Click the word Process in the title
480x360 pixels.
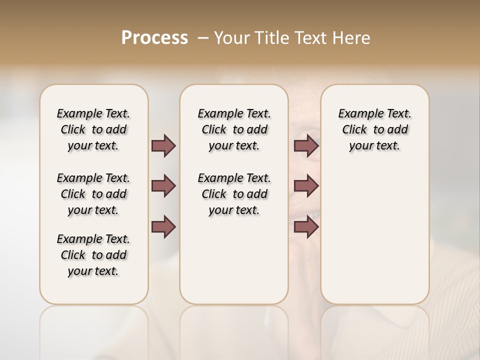pyautogui.click(x=154, y=38)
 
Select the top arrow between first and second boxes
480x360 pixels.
pyautogui.click(x=163, y=146)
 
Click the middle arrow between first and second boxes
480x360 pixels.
pyautogui.click(x=163, y=186)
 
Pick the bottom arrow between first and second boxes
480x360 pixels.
pyautogui.click(x=163, y=226)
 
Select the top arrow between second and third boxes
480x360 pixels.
pyautogui.click(x=306, y=146)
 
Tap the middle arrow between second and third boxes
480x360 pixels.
pyautogui.click(x=306, y=186)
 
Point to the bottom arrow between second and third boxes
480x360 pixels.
pyautogui.click(x=306, y=226)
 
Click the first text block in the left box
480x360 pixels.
pyautogui.click(x=93, y=129)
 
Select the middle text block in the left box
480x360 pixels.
pyautogui.click(x=93, y=194)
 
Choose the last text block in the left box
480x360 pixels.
pyautogui.click(x=93, y=255)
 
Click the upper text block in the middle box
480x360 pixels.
pyautogui.click(x=234, y=129)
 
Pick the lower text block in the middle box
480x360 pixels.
pyautogui.click(x=234, y=194)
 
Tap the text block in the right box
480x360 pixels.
pyautogui.click(x=374, y=129)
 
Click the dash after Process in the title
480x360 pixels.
pyautogui.click(x=203, y=38)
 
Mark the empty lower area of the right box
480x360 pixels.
pyautogui.click(x=374, y=235)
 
